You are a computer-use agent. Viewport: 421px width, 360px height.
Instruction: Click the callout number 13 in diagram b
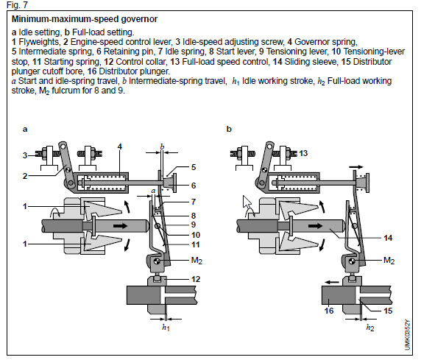[x=303, y=153]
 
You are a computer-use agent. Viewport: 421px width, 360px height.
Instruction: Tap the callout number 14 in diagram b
[x=388, y=238]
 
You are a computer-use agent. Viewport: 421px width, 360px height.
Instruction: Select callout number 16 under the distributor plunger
[x=329, y=311]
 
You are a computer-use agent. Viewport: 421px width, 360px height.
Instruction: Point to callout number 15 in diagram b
[x=388, y=311]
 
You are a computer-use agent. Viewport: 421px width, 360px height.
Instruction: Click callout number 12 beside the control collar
[x=196, y=279]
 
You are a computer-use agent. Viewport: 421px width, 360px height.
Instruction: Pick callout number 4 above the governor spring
[x=120, y=147]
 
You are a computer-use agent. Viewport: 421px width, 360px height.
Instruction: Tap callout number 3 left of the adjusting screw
[x=25, y=155]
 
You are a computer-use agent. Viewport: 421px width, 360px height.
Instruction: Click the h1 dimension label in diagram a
[x=166, y=328]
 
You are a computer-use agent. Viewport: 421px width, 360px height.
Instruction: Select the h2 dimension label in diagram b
[x=370, y=328]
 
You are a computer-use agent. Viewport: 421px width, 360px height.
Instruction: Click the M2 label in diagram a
[x=197, y=261]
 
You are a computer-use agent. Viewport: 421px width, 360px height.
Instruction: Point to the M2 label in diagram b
[x=389, y=261]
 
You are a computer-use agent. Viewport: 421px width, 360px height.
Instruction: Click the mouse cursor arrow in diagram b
[x=247, y=202]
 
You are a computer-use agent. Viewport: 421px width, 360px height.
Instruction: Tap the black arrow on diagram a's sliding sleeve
[x=120, y=226]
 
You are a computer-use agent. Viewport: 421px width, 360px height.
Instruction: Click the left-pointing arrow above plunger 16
[x=332, y=282]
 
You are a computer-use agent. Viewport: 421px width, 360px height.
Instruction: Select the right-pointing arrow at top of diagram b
[x=356, y=167]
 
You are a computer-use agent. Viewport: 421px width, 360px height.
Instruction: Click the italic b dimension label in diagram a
[x=162, y=147]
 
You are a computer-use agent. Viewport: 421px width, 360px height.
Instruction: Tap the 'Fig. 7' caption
[x=17, y=5]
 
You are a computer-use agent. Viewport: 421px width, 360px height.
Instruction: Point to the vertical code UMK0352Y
[x=407, y=335]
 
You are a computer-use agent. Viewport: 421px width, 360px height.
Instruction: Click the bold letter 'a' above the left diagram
[x=25, y=130]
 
